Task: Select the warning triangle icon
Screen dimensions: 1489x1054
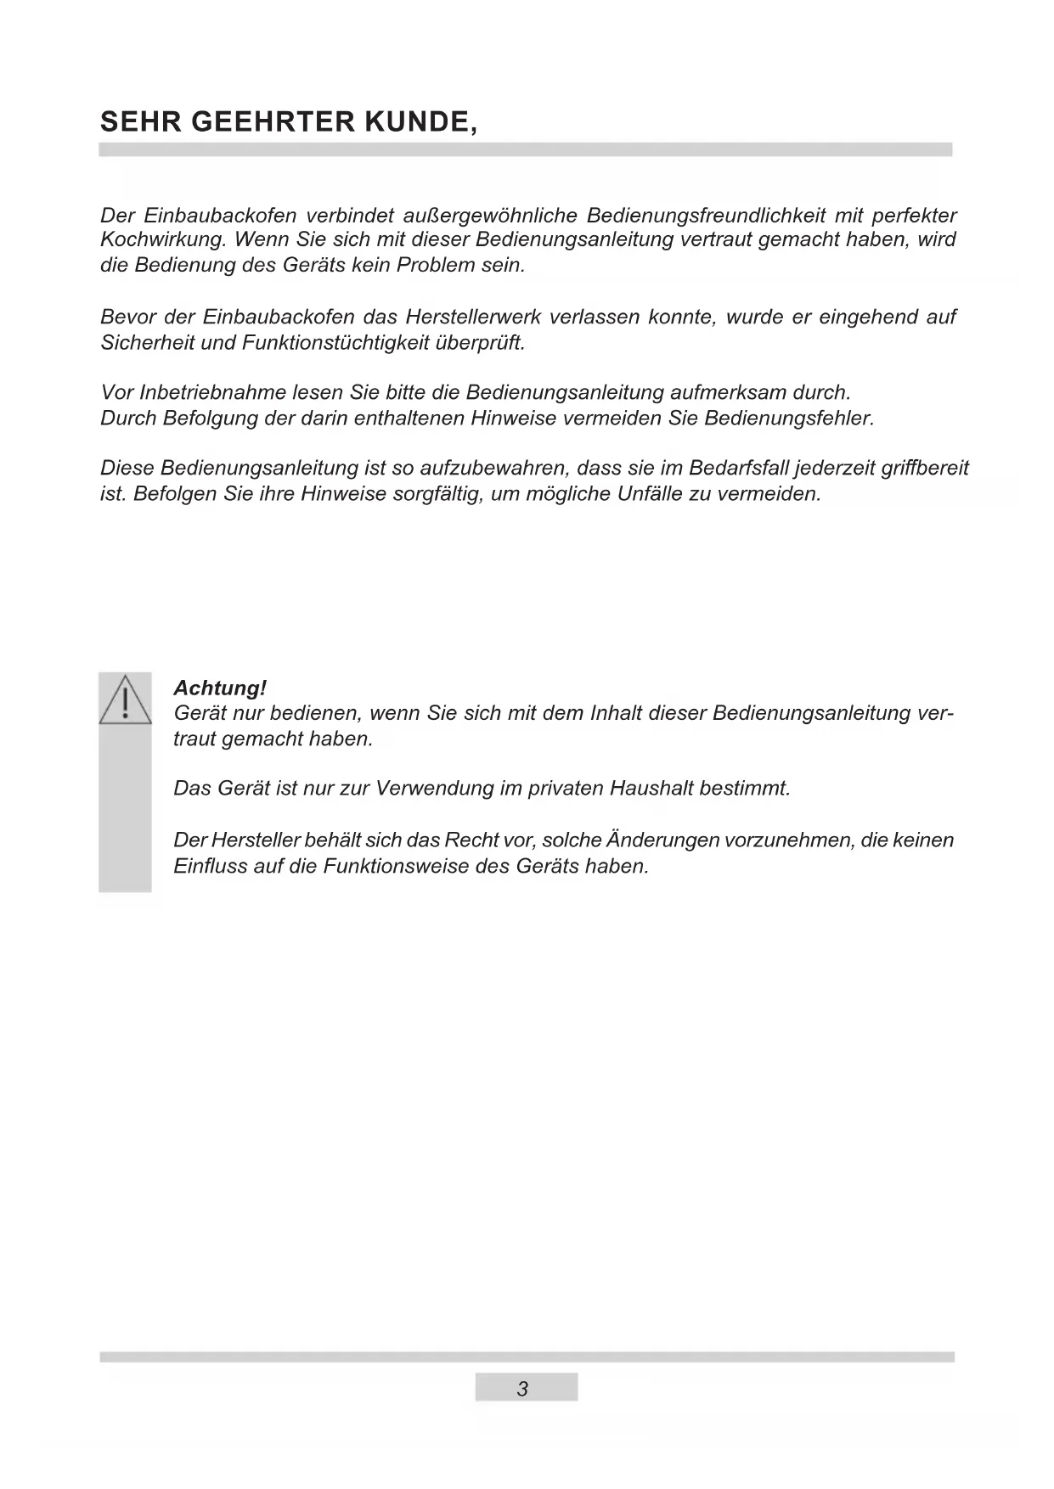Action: [125, 700]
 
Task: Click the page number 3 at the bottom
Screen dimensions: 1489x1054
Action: [523, 1389]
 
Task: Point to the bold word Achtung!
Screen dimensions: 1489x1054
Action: [220, 688]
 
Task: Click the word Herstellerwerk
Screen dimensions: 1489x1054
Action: [473, 317]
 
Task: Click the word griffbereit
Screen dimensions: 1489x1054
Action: [925, 468]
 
